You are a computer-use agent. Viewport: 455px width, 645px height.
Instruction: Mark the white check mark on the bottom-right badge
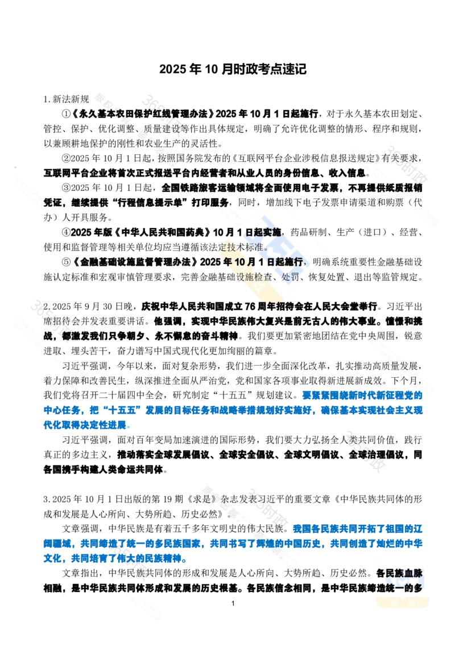[x=403, y=582]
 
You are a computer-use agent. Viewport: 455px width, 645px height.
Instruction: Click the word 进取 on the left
[x=51, y=351]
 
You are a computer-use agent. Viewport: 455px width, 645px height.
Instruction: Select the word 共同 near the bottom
[x=125, y=587]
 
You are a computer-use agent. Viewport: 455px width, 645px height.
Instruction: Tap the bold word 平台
[x=182, y=173]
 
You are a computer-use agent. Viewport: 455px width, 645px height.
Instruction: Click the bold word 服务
[x=220, y=202]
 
